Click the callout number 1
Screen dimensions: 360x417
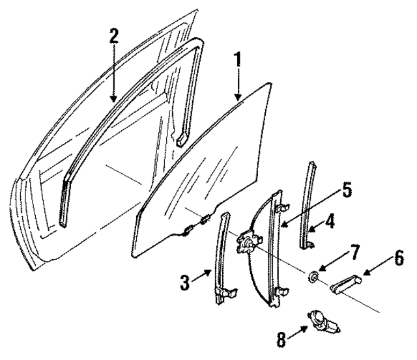[238, 59]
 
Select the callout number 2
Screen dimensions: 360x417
[114, 36]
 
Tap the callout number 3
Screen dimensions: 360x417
[184, 283]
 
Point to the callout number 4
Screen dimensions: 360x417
[330, 221]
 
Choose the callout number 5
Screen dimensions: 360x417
[347, 190]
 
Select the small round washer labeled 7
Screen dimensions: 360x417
[313, 278]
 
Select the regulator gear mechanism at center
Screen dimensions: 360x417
[247, 243]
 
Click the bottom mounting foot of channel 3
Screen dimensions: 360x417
[225, 296]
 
